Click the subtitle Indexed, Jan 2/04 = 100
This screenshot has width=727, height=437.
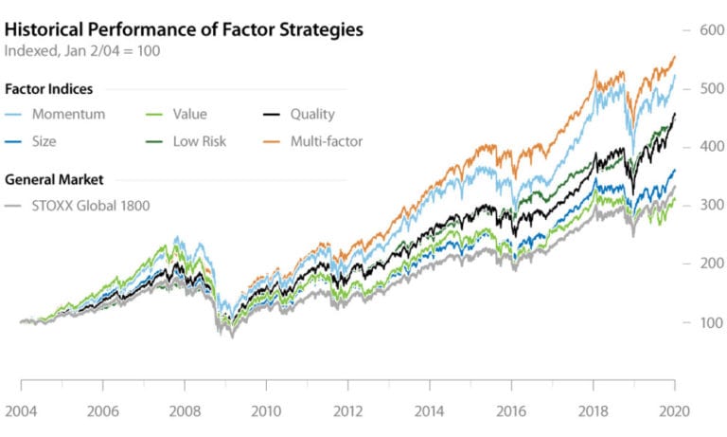pyautogui.click(x=81, y=50)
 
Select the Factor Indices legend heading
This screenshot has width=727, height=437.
pyautogui.click(x=48, y=89)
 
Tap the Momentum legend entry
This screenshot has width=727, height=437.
pyautogui.click(x=69, y=115)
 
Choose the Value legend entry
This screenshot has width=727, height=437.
pyautogui.click(x=188, y=115)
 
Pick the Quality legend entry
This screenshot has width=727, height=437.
pyautogui.click(x=312, y=115)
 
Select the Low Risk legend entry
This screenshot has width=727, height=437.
pyautogui.click(x=199, y=141)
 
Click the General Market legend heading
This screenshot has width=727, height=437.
pyautogui.click(x=53, y=178)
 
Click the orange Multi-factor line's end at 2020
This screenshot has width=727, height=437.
pyautogui.click(x=674, y=57)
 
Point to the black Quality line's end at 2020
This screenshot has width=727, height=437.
pyautogui.click(x=674, y=115)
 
